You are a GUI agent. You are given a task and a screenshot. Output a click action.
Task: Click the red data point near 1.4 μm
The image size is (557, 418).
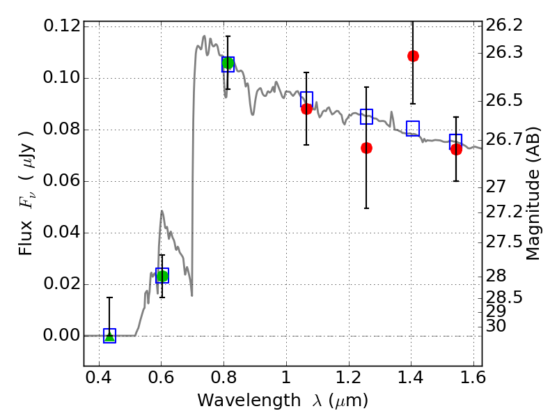tap(413, 56)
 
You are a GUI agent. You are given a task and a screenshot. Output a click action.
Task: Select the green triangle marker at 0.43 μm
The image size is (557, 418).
tap(109, 336)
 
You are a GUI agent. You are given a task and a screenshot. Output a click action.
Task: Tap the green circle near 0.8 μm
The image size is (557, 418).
tap(228, 63)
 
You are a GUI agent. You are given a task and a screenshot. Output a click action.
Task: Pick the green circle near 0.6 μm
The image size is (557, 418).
tap(162, 276)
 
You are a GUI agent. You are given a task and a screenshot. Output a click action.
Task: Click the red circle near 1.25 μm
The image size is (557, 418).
tap(366, 148)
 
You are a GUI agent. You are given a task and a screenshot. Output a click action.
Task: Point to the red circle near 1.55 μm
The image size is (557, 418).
tap(456, 149)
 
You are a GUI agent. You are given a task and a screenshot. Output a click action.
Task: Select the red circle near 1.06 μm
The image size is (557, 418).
tap(306, 109)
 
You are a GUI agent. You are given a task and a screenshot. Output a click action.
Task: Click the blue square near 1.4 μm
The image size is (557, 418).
tap(413, 128)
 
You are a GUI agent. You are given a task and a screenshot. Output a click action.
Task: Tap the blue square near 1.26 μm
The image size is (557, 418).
tap(367, 116)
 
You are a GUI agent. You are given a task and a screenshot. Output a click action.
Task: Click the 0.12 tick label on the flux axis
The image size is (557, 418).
tap(61, 26)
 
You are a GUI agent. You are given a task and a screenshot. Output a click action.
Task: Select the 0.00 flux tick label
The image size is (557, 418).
tap(61, 336)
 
